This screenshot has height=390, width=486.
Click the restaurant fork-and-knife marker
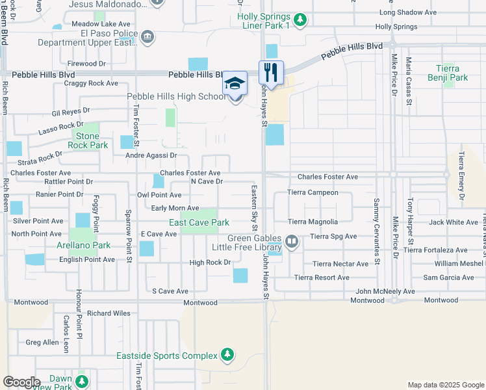tap(272, 71)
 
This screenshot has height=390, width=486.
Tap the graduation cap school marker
tap(235, 83)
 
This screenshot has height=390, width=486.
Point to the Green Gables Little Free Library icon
tap(292, 242)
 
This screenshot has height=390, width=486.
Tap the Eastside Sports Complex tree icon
tap(227, 354)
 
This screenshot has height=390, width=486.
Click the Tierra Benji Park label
tap(448, 73)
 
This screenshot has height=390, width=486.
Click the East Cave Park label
tap(199, 222)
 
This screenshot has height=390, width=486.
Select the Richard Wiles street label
tap(109, 313)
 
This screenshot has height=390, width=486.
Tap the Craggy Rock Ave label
tap(95, 83)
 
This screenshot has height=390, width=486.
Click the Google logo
tap(21, 382)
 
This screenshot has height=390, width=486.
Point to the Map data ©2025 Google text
tap(445, 385)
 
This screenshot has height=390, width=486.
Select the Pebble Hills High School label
tap(176, 96)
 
